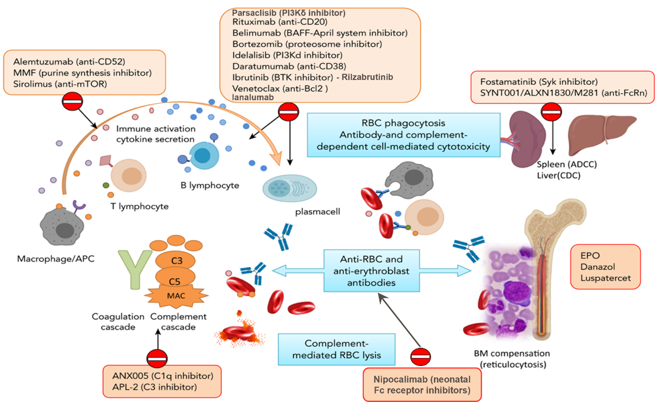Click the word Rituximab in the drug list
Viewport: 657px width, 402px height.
pyautogui.click(x=254, y=22)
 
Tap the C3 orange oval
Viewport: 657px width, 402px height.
pyautogui.click(x=175, y=260)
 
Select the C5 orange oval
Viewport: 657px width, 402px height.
pyautogui.click(x=175, y=277)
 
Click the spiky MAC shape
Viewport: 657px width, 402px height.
pyautogui.click(x=176, y=296)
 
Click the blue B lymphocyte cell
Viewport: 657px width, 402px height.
pyautogui.click(x=204, y=155)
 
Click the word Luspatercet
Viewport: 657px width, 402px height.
pyautogui.click(x=605, y=278)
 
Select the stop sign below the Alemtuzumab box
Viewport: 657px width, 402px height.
pyautogui.click(x=72, y=101)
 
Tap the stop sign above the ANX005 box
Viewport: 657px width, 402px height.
pyautogui.click(x=157, y=358)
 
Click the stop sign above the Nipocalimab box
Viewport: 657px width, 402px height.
pyautogui.click(x=421, y=357)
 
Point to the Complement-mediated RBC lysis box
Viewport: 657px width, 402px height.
pyautogui.click(x=336, y=349)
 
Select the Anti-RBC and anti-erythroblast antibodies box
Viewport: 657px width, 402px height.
pyautogui.click(x=371, y=271)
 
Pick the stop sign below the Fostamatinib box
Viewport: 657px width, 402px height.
pyautogui.click(x=551, y=112)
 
